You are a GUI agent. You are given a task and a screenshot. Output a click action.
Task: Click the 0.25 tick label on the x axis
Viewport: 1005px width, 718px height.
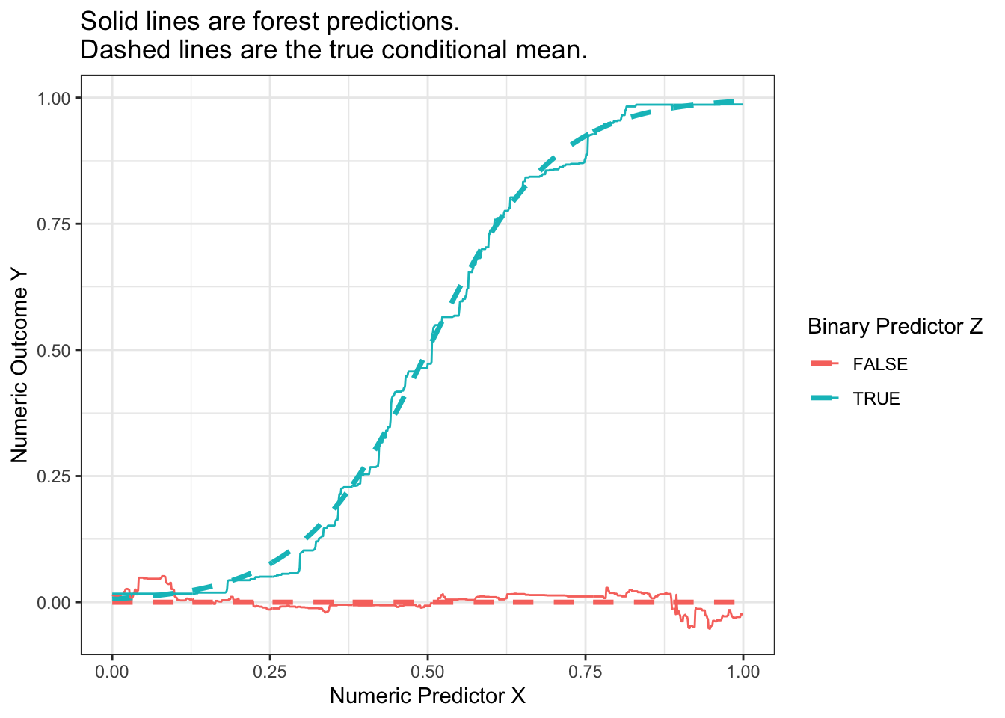point(270,672)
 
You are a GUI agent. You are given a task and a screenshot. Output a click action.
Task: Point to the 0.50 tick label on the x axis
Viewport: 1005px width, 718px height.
point(428,672)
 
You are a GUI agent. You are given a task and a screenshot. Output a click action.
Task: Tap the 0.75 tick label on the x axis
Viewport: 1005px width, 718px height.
point(586,672)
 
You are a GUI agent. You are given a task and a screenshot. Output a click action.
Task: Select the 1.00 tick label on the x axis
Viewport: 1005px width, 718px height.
point(743,672)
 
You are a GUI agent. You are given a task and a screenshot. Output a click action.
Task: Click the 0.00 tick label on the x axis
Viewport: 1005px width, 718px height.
point(112,672)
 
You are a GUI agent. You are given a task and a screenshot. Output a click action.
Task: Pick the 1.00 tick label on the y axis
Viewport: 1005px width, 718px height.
point(55,98)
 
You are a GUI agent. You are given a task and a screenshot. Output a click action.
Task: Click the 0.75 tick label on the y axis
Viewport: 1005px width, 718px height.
point(55,224)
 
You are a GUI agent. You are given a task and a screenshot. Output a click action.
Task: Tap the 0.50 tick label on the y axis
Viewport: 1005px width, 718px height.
point(55,350)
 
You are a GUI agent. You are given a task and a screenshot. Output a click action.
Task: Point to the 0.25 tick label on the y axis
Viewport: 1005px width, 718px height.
point(55,476)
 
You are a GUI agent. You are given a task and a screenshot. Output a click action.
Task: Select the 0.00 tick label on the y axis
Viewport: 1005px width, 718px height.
point(55,602)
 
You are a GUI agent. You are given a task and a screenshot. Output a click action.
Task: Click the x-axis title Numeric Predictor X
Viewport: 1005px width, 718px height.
point(427,696)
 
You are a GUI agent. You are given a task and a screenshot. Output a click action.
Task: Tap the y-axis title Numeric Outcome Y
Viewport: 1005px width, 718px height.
point(19,365)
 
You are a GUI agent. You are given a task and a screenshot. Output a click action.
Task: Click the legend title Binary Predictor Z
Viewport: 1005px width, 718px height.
point(895,327)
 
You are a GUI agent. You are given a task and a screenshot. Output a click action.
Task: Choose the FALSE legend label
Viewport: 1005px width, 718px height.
point(880,365)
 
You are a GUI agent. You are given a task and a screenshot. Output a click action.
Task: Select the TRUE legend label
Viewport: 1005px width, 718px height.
point(876,399)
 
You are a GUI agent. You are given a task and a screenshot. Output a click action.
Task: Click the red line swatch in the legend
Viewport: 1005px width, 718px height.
point(825,364)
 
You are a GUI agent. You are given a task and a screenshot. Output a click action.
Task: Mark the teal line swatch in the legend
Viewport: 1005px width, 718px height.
point(825,399)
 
